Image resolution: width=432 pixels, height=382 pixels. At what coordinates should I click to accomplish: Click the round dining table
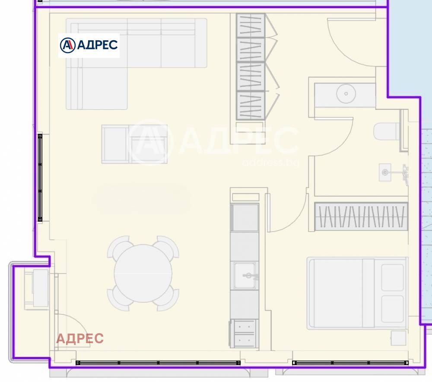tap(143, 274)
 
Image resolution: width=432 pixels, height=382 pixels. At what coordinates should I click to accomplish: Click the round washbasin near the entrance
tap(346, 94)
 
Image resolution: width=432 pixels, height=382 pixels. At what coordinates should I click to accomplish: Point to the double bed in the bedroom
tap(357, 293)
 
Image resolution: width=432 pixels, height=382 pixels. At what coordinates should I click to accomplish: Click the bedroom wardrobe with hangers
tap(361, 216)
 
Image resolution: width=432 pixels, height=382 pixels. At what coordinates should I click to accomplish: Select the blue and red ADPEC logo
tap(89, 45)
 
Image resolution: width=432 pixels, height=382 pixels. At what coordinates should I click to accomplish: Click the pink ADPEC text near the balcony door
tap(80, 338)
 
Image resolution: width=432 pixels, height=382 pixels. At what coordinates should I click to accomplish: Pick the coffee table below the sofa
tap(134, 144)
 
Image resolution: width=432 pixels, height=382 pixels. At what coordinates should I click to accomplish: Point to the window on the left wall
tap(40, 178)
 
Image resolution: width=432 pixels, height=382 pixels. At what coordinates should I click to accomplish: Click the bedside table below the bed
tap(398, 338)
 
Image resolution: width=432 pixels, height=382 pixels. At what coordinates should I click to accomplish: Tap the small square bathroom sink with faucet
tap(385, 172)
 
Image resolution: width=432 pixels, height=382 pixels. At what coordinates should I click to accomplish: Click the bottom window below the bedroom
tap(350, 363)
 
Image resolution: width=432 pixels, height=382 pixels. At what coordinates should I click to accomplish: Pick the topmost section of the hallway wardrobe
tap(251, 25)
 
